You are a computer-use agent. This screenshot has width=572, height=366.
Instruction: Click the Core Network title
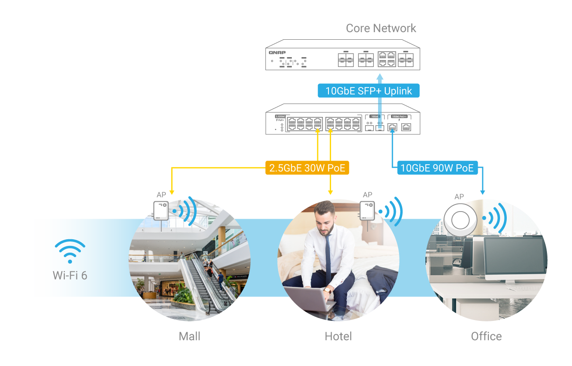tap(381, 29)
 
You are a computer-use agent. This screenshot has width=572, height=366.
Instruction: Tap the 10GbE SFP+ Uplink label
tap(368, 91)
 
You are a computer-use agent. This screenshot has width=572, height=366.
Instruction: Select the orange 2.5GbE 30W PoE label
tap(307, 168)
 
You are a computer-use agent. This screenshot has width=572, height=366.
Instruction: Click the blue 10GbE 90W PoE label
tap(437, 168)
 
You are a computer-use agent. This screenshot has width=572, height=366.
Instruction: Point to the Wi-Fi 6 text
tap(70, 275)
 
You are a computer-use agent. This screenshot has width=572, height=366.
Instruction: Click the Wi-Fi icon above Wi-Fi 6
tap(70, 251)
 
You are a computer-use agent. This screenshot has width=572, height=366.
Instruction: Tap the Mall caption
tap(189, 336)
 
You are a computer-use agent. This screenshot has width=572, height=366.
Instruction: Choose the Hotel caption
tap(338, 336)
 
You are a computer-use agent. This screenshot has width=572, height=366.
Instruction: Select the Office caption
tap(486, 336)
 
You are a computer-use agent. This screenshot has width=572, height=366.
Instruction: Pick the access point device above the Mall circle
tap(161, 211)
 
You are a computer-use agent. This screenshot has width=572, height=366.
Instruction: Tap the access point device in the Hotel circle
tap(367, 211)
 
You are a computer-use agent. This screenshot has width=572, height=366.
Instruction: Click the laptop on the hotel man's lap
tap(308, 298)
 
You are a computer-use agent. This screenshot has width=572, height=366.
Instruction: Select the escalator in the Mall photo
tap(201, 286)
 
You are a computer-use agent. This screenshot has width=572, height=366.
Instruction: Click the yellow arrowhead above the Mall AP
tap(172, 192)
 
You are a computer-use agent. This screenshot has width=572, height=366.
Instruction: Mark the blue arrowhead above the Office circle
tap(483, 192)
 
